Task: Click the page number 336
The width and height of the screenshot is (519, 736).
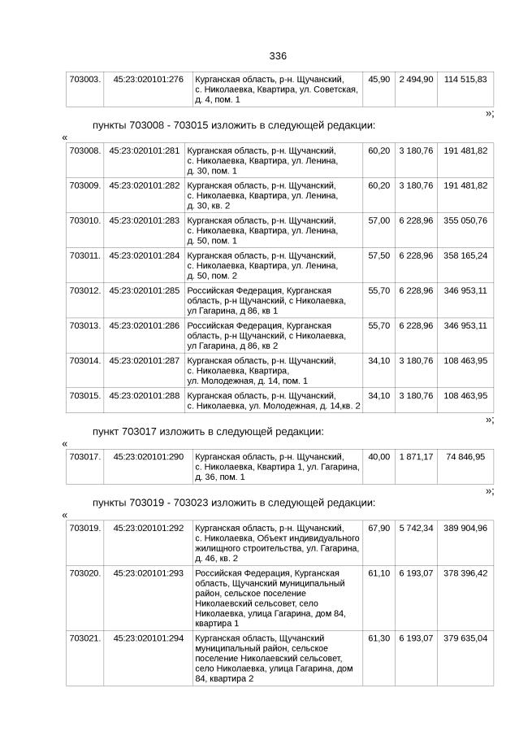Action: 278,56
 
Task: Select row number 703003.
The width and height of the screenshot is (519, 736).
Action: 85,79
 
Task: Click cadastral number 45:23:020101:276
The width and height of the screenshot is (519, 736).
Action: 148,79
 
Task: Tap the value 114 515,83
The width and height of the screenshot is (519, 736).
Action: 465,79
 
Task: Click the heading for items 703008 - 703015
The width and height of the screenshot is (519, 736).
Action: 234,126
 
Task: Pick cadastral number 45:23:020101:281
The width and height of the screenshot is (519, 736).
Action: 144,150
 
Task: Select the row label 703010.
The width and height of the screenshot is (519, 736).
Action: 85,220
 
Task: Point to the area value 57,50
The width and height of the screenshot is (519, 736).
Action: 378,255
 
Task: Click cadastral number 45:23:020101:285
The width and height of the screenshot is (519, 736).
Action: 144,290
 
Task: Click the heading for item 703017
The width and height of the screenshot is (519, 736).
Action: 208,431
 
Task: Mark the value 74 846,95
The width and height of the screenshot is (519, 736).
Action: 465,457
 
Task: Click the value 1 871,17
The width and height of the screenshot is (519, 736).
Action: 416,457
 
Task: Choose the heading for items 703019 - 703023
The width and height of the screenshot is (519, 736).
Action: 234,503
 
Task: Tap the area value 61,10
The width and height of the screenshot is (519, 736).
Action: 378,573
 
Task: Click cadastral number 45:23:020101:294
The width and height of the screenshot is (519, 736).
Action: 148,638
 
